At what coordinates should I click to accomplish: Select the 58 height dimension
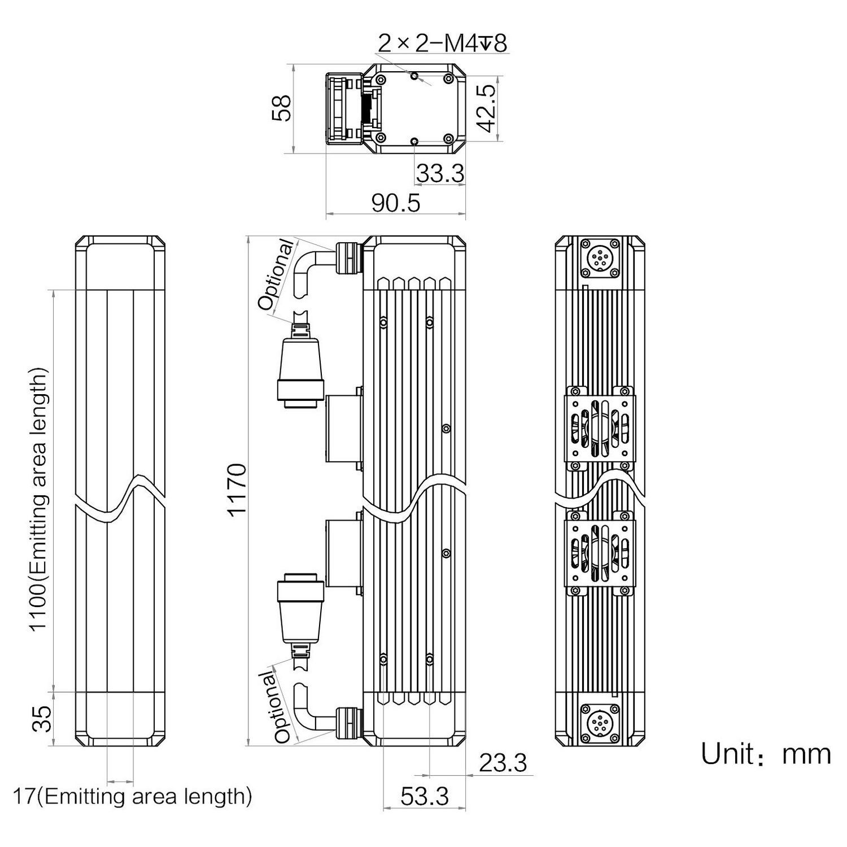(281, 108)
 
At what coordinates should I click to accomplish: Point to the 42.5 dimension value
(486, 108)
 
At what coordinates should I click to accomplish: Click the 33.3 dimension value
(440, 174)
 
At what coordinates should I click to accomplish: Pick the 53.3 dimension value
(425, 796)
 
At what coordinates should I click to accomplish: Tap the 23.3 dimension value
(503, 763)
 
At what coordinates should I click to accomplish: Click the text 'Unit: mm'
(766, 754)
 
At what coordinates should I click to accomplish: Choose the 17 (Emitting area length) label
(132, 797)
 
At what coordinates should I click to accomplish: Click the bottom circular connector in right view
(599, 723)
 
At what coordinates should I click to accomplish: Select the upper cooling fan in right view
(600, 428)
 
